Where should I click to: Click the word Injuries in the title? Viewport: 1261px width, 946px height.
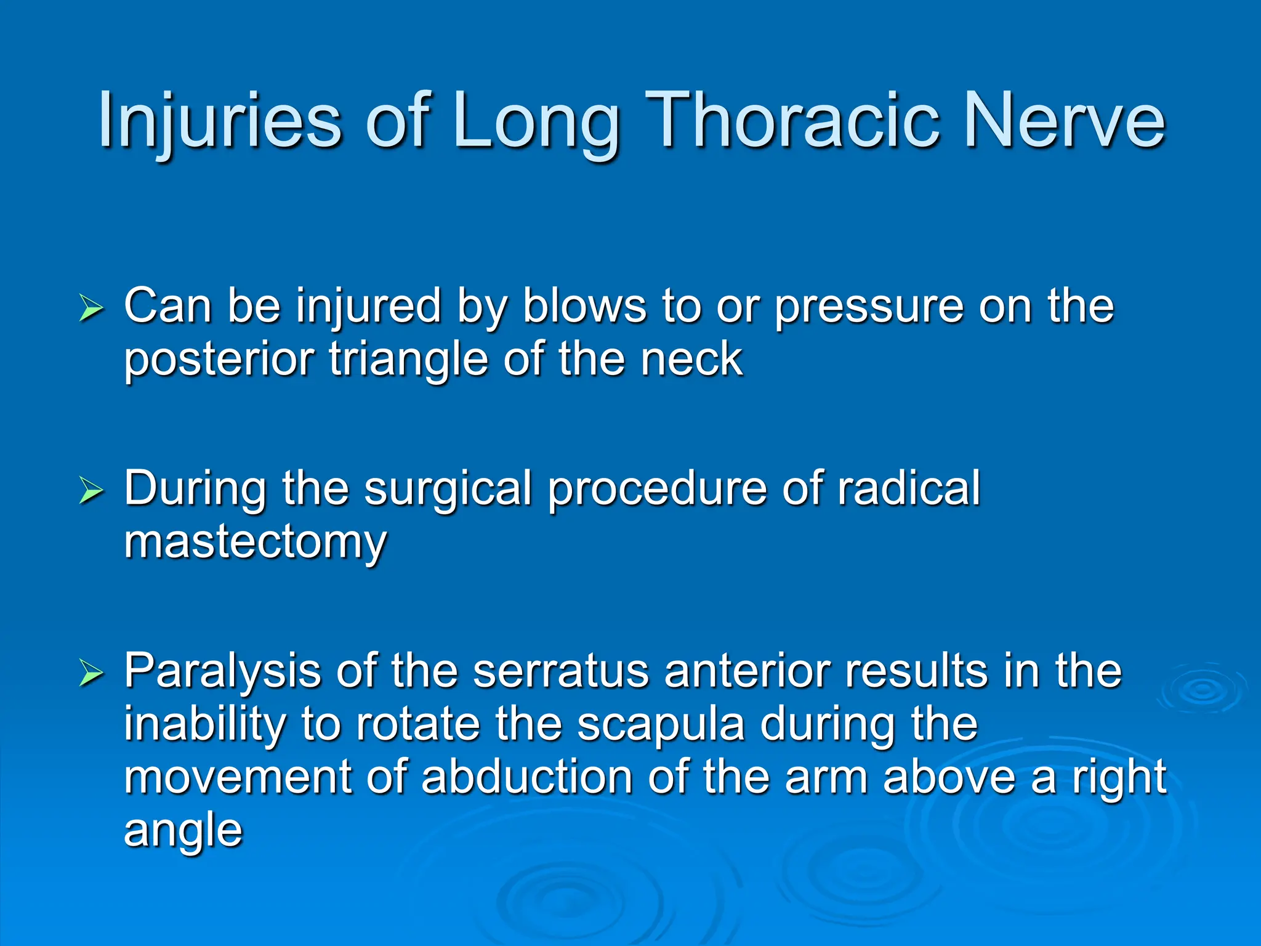(219, 119)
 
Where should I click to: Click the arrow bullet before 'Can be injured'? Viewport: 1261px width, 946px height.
(91, 308)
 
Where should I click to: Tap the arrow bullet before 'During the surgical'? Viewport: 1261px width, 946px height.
(91, 491)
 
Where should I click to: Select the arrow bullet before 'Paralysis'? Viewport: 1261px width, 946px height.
(91, 673)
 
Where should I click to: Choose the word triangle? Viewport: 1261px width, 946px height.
(408, 361)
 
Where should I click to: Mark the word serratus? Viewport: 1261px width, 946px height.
(561, 671)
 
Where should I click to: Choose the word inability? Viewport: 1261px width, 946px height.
(204, 726)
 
